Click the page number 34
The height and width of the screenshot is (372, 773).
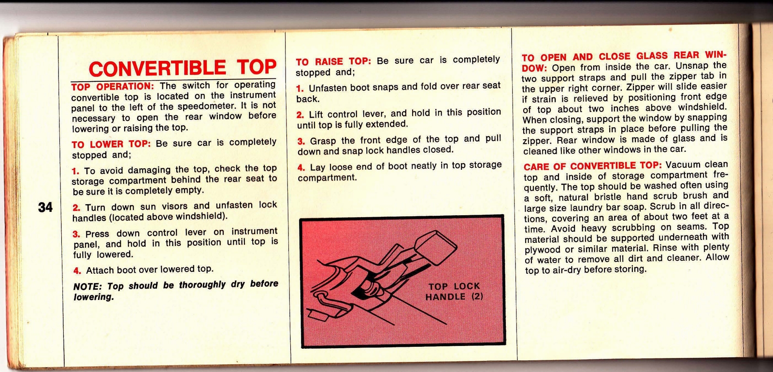point(45,208)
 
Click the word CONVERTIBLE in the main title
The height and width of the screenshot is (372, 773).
point(157,69)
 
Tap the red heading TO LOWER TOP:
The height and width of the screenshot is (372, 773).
point(111,144)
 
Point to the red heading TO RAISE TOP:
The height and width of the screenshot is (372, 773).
point(333,61)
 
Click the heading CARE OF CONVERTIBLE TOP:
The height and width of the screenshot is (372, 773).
point(592,166)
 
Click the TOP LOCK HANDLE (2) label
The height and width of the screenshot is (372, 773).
point(454,291)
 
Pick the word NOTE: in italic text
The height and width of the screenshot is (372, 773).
point(87,286)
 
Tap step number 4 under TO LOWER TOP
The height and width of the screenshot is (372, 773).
point(77,271)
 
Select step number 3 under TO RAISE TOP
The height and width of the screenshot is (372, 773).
point(301,141)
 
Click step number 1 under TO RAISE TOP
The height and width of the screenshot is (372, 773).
point(300,89)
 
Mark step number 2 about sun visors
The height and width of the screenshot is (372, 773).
point(76,208)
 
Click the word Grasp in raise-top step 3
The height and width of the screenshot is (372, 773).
point(323,141)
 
